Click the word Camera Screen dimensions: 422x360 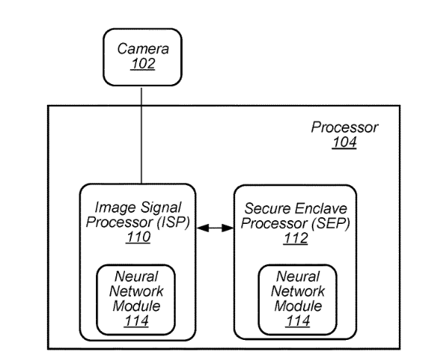pos(143,48)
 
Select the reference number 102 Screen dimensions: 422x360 pos(143,64)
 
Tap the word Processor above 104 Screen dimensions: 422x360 pos(345,127)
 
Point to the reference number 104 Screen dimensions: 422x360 pos(345,142)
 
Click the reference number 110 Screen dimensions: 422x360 pos(138,237)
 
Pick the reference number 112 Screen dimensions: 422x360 pos(295,238)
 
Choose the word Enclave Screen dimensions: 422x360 pos(321,208)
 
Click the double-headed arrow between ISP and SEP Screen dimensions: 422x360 pos(215,228)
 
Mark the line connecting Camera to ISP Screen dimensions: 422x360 pos(141,135)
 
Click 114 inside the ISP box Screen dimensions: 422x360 pos(136,321)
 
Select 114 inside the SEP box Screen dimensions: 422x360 pos(298,321)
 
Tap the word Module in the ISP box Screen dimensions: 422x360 pos(136,306)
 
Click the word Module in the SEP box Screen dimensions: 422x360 pos(298,306)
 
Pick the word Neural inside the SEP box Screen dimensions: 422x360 pos(298,277)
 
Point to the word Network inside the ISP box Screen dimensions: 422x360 pos(136,292)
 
